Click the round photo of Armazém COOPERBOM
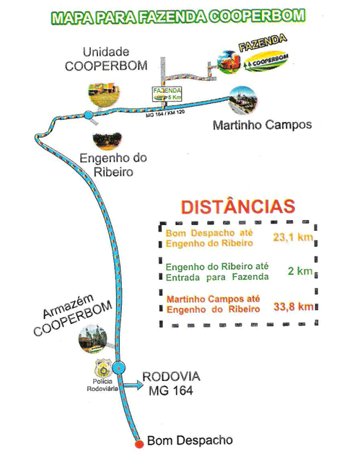pos(97,338)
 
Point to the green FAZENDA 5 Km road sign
pos(166,95)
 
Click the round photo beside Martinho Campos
pos(241,102)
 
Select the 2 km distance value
pos(304,272)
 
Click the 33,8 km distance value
pos(293,305)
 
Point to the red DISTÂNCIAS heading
pos(237,206)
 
